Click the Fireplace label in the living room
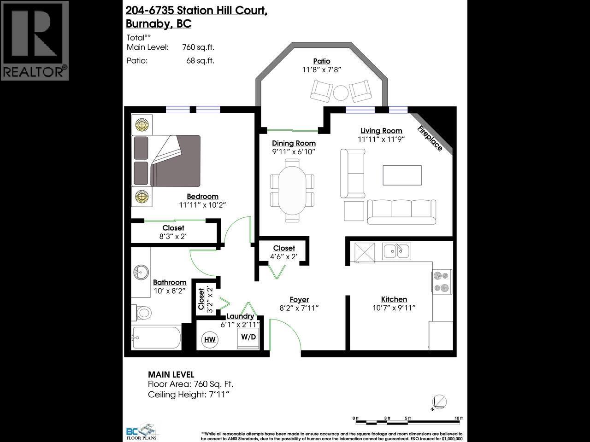[x=430, y=138]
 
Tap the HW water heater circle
[x=210, y=340]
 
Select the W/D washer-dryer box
[x=248, y=337]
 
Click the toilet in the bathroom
[x=142, y=313]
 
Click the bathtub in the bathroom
[x=156, y=339]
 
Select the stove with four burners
[x=442, y=282]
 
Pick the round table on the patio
[x=342, y=92]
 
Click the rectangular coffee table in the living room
[x=402, y=175]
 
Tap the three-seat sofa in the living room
[x=401, y=211]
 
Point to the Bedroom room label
[x=202, y=197]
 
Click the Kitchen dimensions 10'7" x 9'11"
[x=394, y=308]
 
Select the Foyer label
[x=299, y=300]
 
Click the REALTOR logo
[x=35, y=41]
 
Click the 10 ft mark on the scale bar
[x=458, y=419]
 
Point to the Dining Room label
[x=294, y=143]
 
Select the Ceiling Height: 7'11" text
[x=189, y=395]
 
